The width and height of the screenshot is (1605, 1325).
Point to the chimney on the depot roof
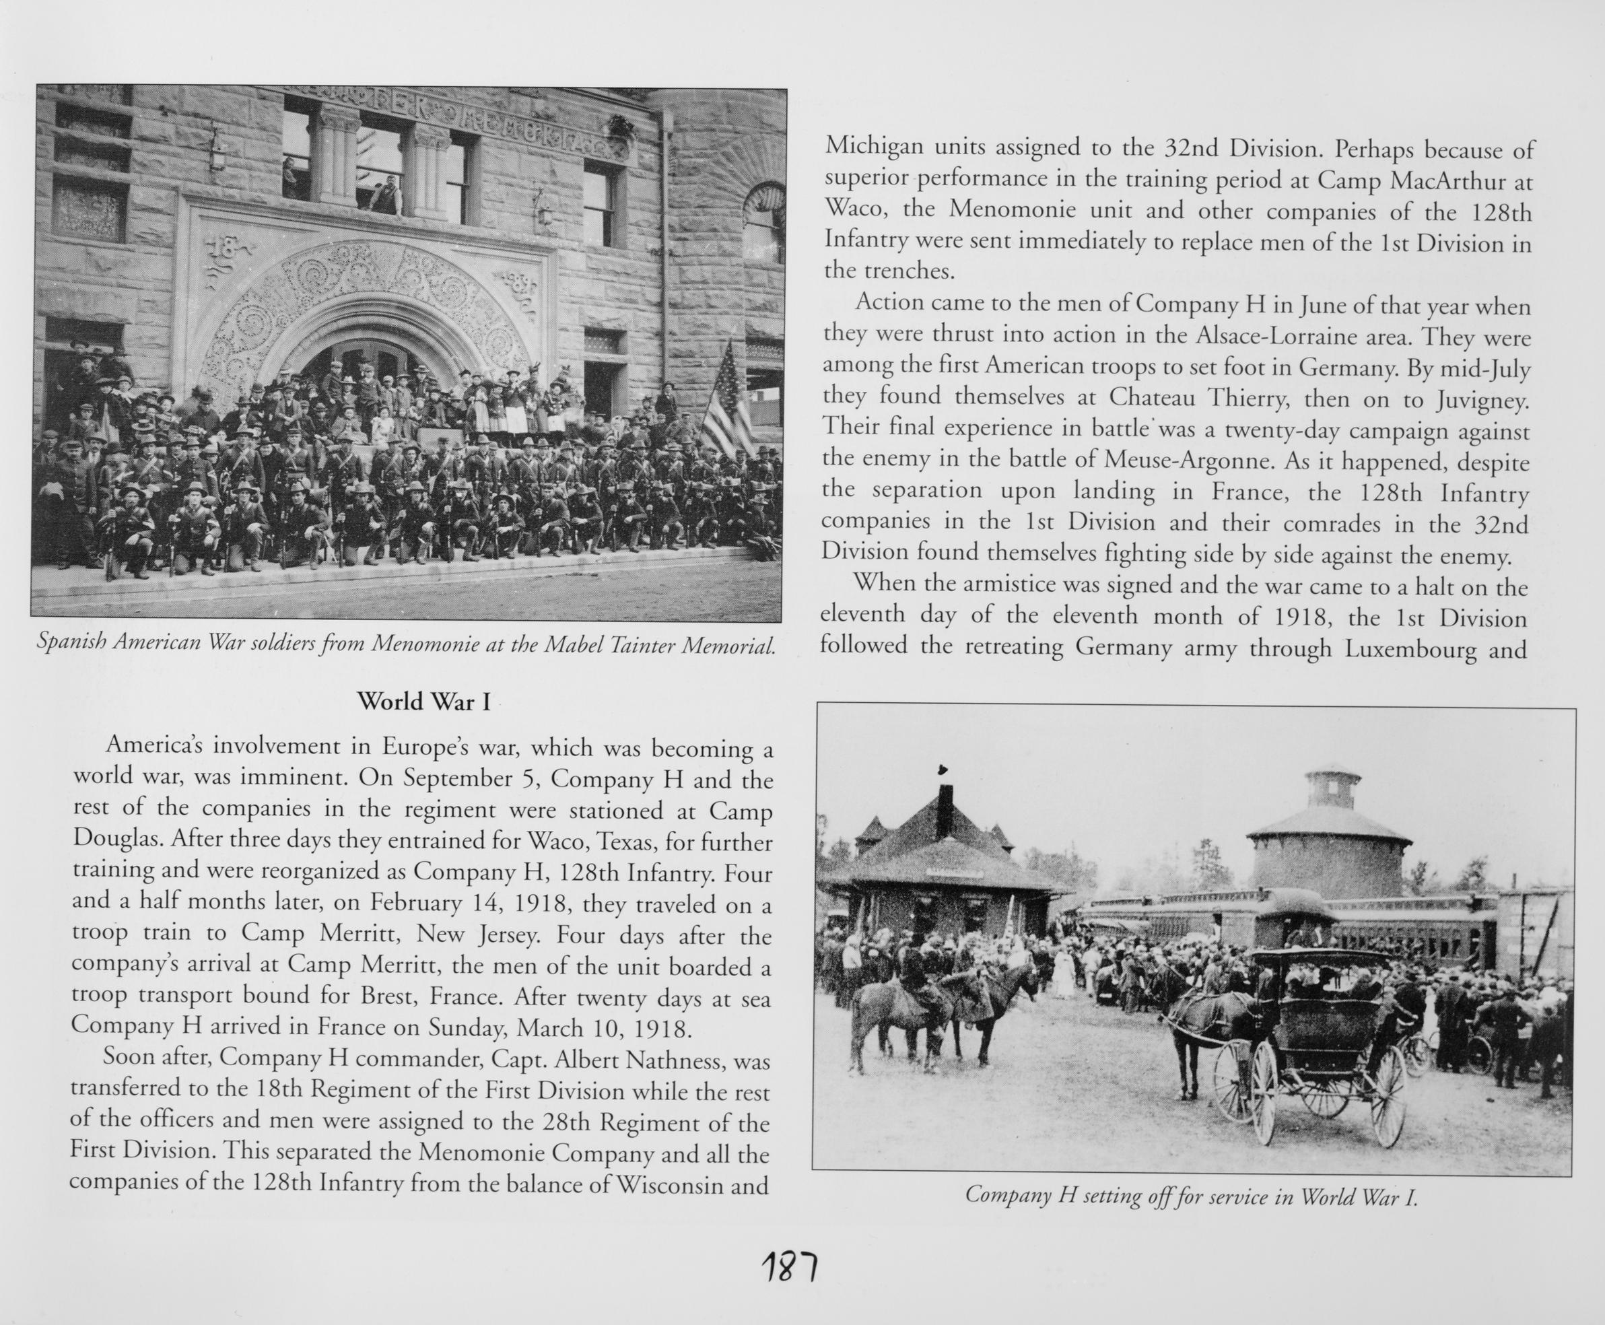pos(945,809)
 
